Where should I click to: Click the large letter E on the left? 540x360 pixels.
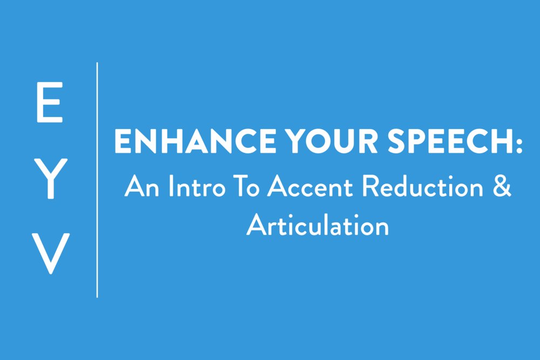49,103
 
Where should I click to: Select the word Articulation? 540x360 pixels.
318,225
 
